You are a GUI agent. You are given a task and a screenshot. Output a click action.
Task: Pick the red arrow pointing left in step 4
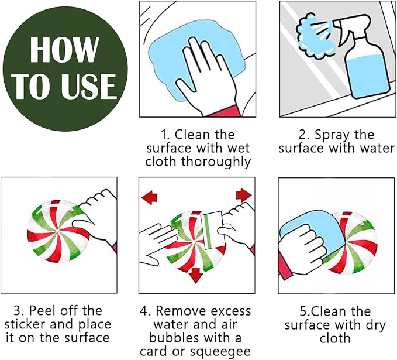[x=149, y=197]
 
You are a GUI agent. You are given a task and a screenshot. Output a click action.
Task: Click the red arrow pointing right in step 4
[x=244, y=195]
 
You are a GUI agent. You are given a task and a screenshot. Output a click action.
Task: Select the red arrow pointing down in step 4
[x=195, y=275]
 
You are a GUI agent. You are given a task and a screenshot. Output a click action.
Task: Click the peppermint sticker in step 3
[x=58, y=231]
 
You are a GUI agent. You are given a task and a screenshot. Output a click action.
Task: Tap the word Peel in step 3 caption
[x=42, y=311]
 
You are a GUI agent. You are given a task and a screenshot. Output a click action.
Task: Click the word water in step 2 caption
[x=377, y=148]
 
